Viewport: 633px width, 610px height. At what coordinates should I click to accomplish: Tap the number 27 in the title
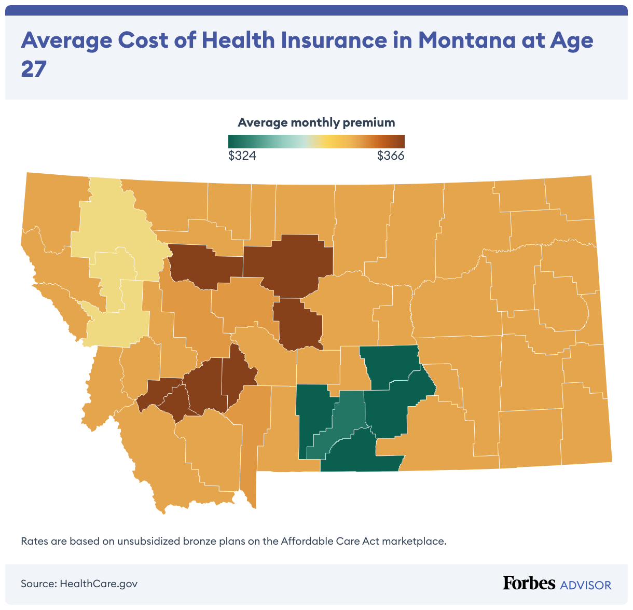coord(34,69)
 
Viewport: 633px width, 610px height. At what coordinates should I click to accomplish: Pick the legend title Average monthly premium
coord(316,122)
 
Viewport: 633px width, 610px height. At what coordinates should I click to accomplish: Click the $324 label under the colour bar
coord(242,156)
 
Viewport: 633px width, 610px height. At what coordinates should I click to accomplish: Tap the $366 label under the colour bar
coord(390,156)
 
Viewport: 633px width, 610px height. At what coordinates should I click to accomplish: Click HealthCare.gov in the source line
coord(99,584)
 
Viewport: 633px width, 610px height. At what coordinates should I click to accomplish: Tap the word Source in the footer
coord(38,584)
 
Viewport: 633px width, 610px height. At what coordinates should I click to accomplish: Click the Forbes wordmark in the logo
coord(529,583)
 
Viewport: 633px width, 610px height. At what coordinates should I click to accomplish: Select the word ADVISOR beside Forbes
coord(585,585)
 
